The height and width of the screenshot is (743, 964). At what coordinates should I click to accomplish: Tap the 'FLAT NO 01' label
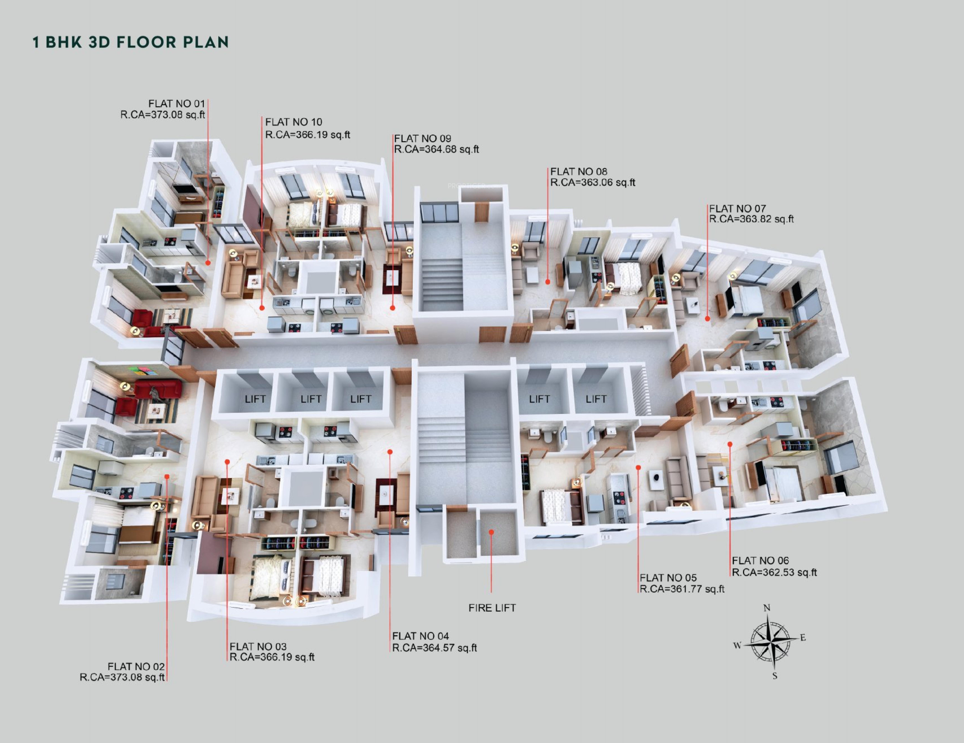[x=177, y=104]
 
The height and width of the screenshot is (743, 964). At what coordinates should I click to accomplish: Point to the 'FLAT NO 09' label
[x=422, y=139]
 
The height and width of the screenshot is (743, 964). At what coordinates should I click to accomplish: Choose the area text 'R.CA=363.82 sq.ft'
[x=751, y=219]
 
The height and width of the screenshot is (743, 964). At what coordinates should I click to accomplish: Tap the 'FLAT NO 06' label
[x=760, y=561]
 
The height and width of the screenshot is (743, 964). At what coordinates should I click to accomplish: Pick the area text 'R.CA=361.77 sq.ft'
[x=682, y=589]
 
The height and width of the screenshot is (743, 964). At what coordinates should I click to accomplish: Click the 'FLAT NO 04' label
[x=421, y=636]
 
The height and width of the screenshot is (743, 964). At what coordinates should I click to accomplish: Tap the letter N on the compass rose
[x=767, y=608]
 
